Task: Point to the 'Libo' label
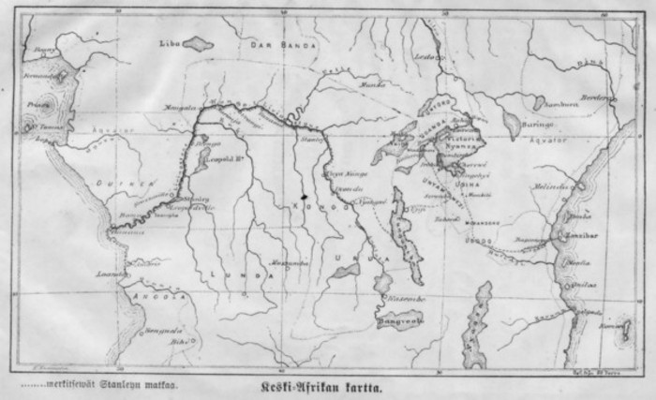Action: (x=169, y=42)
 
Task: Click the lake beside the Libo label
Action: (x=198, y=42)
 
